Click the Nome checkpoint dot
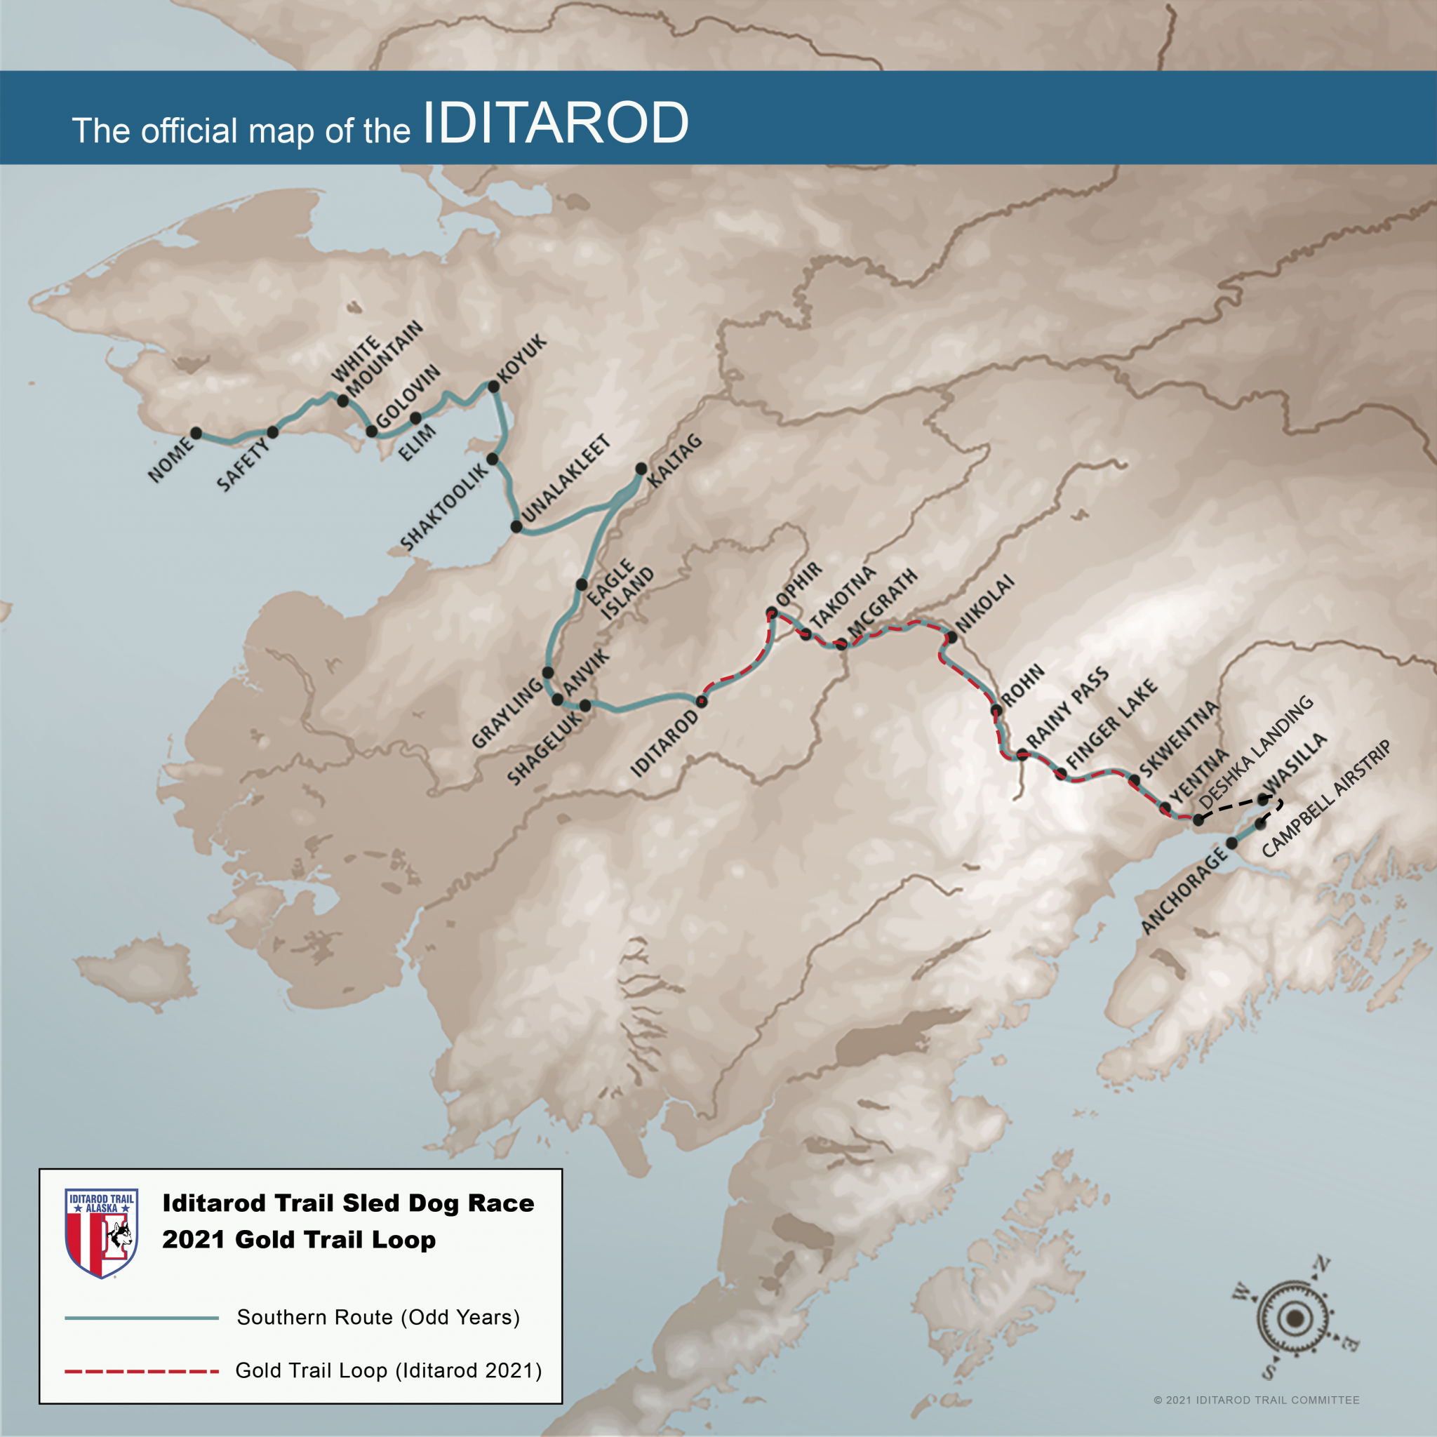(x=196, y=433)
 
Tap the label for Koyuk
(x=522, y=359)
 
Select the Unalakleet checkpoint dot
(x=516, y=527)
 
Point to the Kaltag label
(x=674, y=461)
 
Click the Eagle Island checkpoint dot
(x=582, y=584)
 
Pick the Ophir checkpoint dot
(x=772, y=613)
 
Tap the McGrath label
(x=883, y=603)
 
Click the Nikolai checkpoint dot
(x=951, y=637)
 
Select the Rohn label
(x=1023, y=686)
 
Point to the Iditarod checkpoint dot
(x=702, y=701)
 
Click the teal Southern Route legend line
(x=141, y=1318)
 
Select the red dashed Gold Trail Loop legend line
(x=141, y=1371)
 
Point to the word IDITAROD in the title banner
(x=555, y=123)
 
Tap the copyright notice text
(x=1256, y=1400)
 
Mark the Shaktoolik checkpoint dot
(x=493, y=459)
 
